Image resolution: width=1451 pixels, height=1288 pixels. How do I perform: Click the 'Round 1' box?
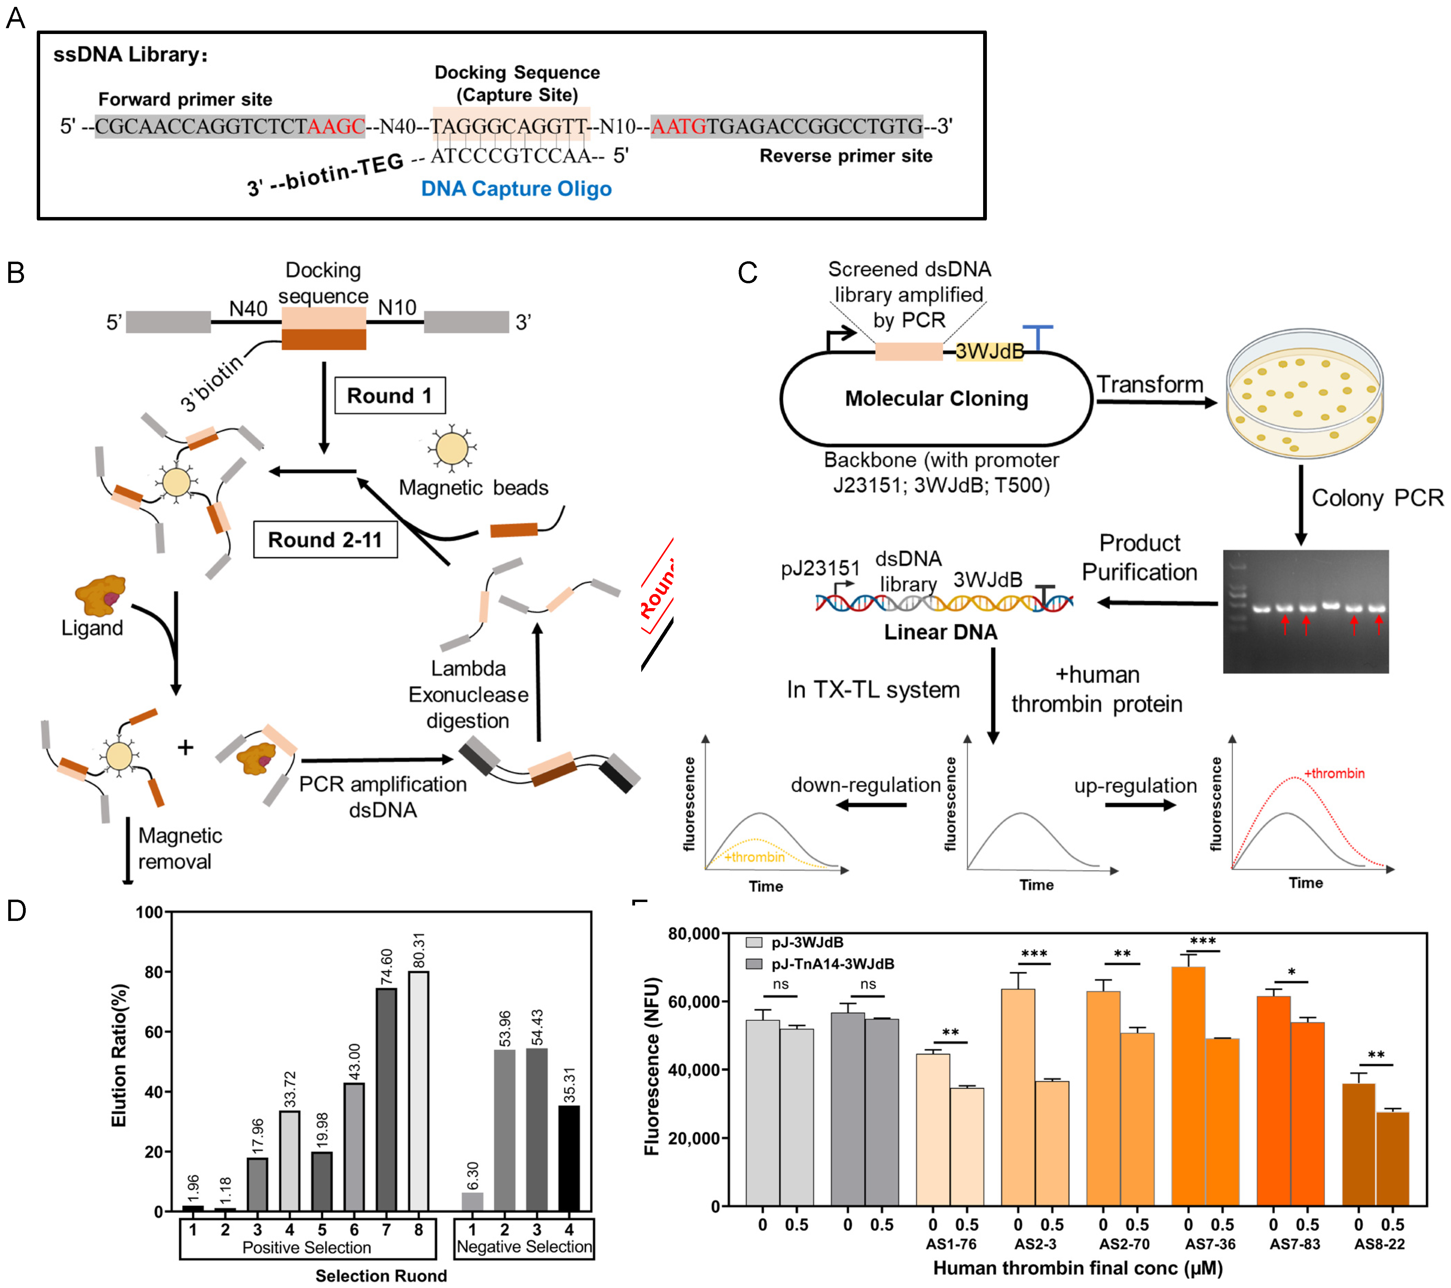point(390,396)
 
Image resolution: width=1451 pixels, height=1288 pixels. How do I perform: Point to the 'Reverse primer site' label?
point(845,156)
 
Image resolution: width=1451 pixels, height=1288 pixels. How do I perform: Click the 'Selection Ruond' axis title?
point(381,1276)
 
